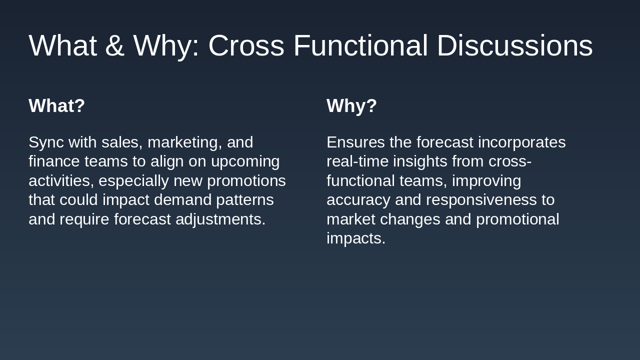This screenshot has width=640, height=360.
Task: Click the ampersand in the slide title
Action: (x=115, y=45)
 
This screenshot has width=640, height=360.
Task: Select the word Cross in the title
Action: (x=246, y=45)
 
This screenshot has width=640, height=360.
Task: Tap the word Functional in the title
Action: (x=360, y=45)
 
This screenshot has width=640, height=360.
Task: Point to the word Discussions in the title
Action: (x=515, y=45)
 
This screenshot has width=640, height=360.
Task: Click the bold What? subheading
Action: (x=57, y=105)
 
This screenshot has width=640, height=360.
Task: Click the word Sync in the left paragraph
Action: (x=46, y=142)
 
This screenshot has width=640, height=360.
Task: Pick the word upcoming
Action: (x=245, y=162)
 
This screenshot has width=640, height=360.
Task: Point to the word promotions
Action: (x=246, y=181)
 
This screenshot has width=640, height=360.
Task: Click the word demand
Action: (x=183, y=199)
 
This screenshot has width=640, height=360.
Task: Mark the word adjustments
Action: (x=220, y=219)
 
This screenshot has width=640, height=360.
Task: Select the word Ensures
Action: (x=355, y=142)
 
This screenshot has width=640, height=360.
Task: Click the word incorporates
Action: (x=521, y=142)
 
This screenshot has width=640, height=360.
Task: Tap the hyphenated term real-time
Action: (x=357, y=161)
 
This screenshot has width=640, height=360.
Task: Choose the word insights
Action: (x=420, y=162)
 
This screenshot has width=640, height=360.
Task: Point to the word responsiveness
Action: (x=481, y=200)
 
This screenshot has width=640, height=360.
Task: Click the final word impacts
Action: (x=356, y=238)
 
